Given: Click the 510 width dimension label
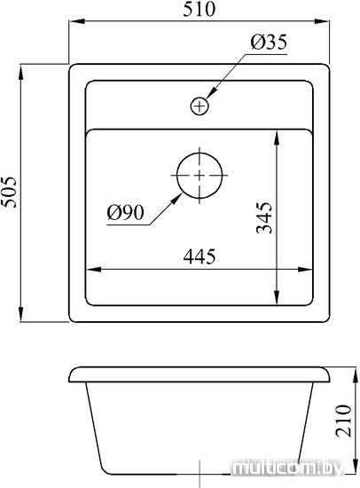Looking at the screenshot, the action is tap(199, 9).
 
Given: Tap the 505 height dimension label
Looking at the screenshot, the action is tap(8, 192).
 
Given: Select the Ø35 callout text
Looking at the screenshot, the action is tap(269, 42).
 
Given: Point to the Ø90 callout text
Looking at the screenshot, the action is tap(125, 213).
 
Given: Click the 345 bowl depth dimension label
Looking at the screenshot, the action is tap(264, 217).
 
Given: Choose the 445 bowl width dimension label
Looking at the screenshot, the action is tap(200, 256).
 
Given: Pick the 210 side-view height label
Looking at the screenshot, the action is tap(343, 421).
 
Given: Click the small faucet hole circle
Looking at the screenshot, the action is tap(200, 106).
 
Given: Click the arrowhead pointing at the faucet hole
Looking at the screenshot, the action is tap(211, 94).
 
